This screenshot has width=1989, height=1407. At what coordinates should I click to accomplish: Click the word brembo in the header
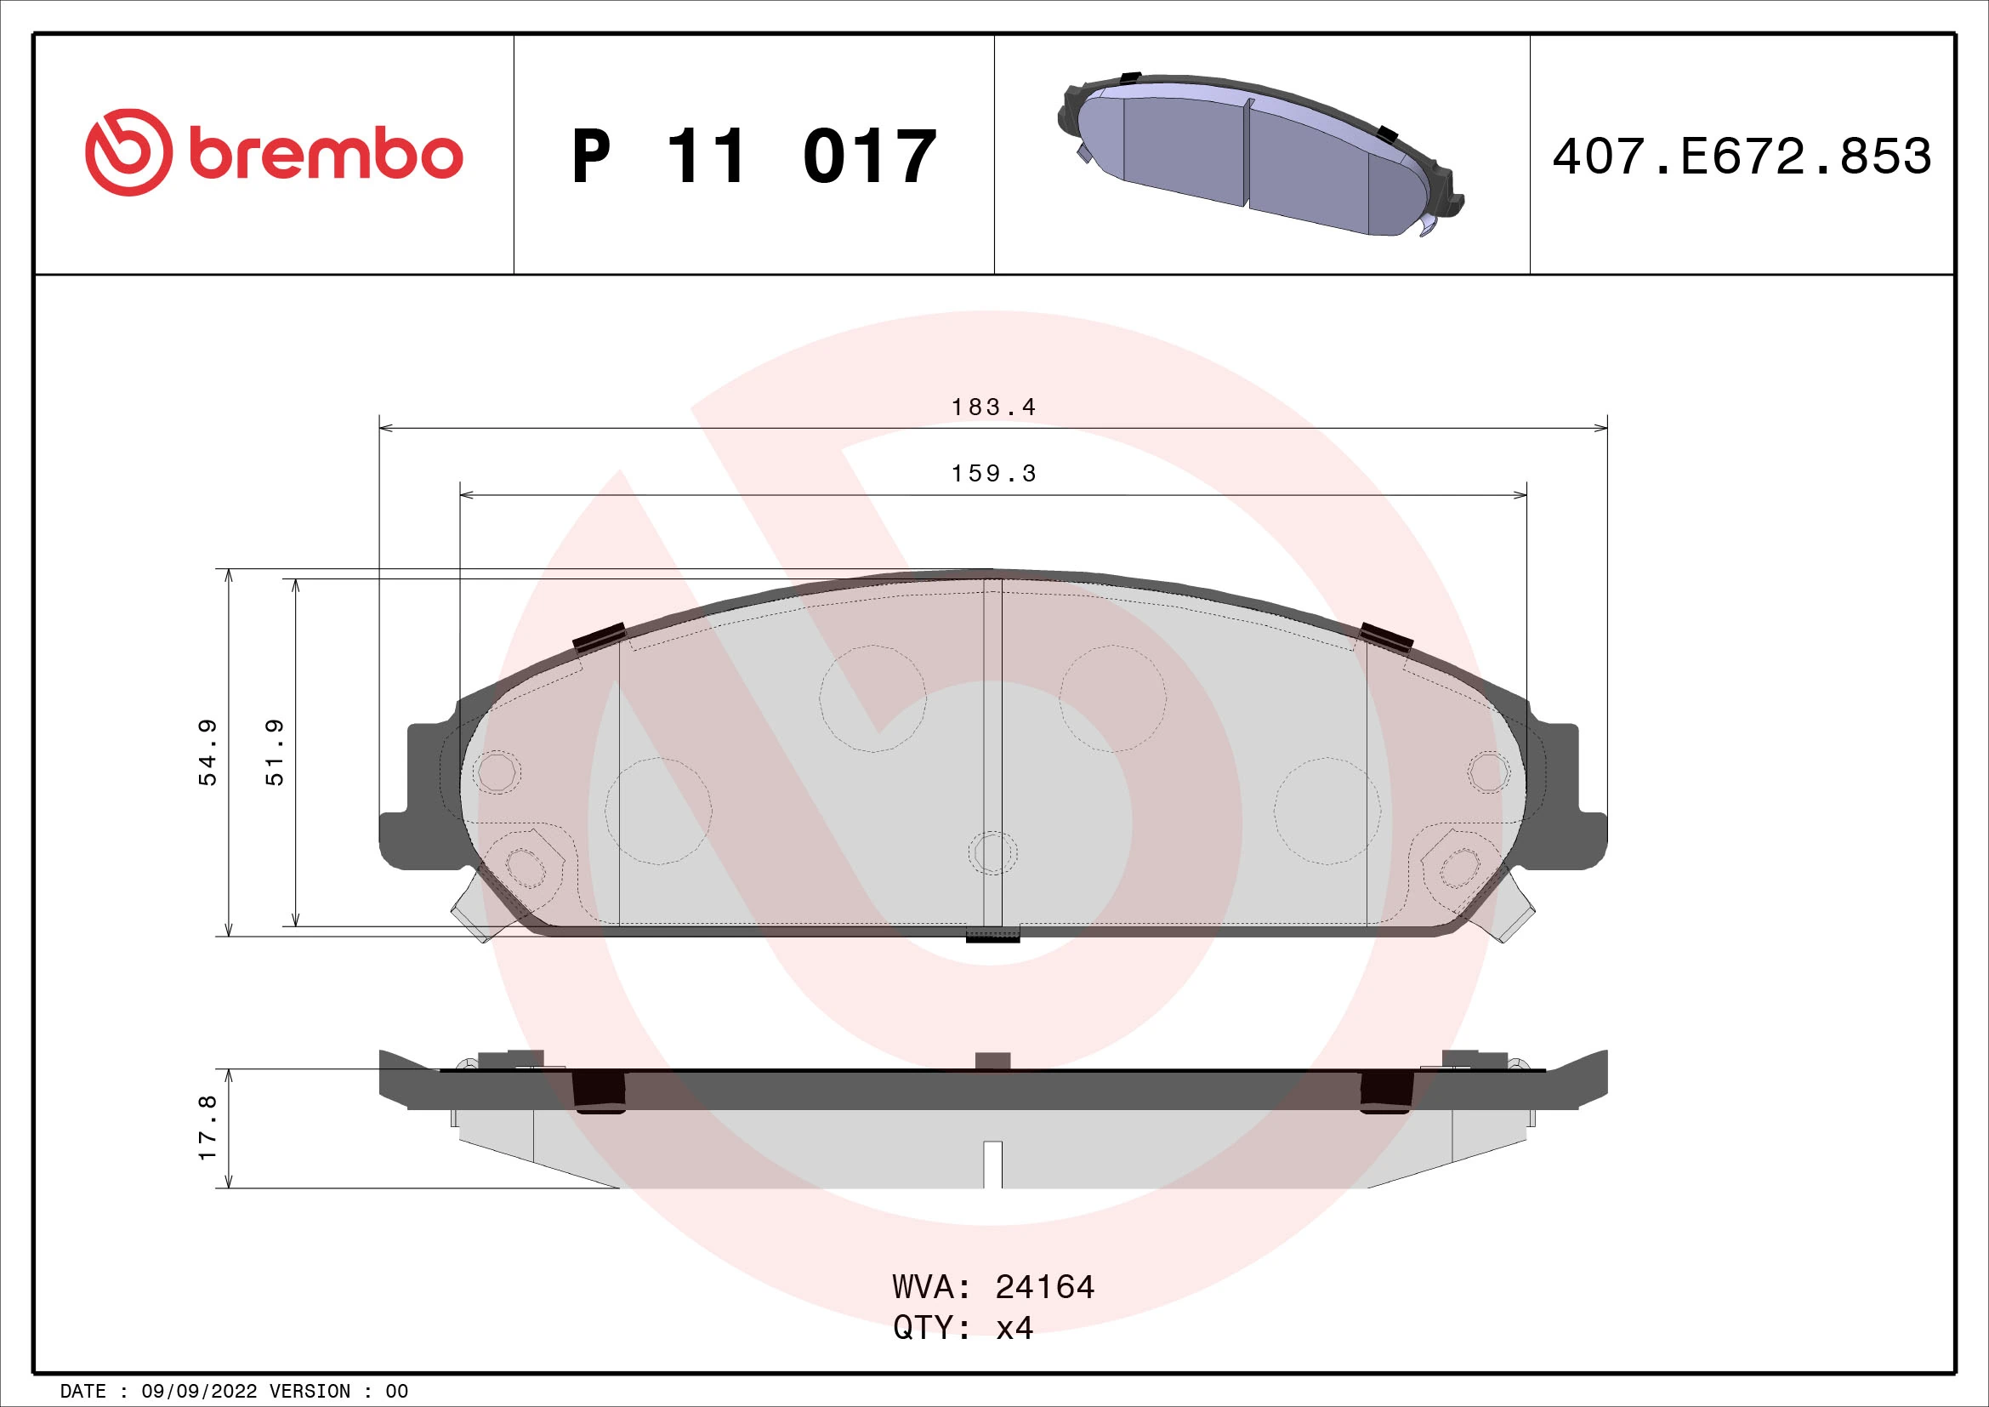(x=325, y=156)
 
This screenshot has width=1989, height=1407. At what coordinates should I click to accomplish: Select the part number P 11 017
(x=753, y=157)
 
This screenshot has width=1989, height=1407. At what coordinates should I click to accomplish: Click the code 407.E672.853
(x=1742, y=157)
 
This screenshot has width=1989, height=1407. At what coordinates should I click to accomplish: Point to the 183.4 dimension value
(x=993, y=407)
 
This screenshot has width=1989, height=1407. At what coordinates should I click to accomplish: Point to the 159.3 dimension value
(x=993, y=474)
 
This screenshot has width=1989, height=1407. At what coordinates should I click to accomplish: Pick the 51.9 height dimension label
(x=275, y=752)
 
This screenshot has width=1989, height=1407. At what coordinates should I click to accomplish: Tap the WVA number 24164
(x=1045, y=1287)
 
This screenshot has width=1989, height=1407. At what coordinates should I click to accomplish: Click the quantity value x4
(x=1014, y=1328)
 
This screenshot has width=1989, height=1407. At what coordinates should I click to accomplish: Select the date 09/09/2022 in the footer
(x=198, y=1392)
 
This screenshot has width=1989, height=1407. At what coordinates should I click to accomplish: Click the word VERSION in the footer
(x=310, y=1392)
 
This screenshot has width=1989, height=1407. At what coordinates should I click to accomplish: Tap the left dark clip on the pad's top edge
(x=600, y=637)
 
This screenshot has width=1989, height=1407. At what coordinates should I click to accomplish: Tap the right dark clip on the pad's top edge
(x=1386, y=637)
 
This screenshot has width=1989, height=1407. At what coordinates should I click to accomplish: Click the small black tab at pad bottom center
(x=992, y=935)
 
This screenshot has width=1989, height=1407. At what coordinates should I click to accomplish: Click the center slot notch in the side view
(x=992, y=1164)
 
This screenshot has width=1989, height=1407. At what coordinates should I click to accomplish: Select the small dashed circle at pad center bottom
(x=992, y=852)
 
